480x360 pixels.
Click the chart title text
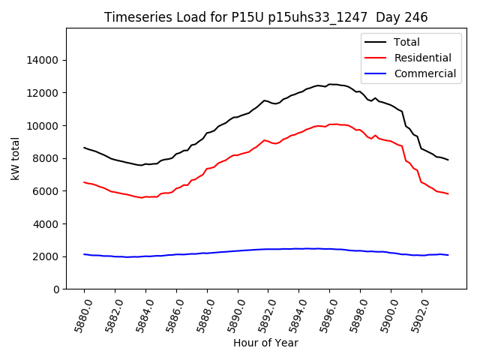pos(265,17)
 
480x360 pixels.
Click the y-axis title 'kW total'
pos(16,158)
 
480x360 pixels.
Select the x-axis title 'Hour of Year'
pos(265,343)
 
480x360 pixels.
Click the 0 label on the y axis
pos(57,289)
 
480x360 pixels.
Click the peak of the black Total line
pos(330,84)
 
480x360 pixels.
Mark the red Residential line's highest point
pos(333,124)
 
